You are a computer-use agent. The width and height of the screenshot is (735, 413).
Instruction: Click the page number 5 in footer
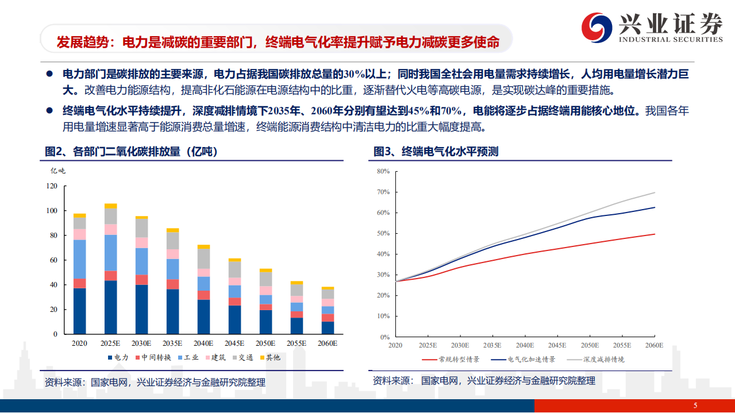(x=695, y=406)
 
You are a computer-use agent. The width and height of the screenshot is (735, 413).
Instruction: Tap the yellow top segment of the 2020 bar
(x=79, y=215)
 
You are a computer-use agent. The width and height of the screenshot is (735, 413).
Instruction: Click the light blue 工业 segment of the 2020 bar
(x=79, y=259)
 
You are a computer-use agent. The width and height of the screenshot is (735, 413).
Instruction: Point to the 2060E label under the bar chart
(x=328, y=343)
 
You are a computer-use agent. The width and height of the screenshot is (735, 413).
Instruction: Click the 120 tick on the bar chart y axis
(x=52, y=186)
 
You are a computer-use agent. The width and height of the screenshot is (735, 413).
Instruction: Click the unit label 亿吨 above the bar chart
(x=58, y=171)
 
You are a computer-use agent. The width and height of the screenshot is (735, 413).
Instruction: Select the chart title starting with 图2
(x=131, y=152)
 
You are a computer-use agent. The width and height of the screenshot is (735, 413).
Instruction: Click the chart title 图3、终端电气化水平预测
(x=436, y=152)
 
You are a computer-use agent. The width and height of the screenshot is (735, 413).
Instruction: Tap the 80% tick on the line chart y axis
(x=383, y=171)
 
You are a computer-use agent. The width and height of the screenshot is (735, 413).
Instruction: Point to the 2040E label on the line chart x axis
(x=525, y=345)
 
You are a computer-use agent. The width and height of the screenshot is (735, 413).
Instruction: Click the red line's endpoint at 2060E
(x=655, y=234)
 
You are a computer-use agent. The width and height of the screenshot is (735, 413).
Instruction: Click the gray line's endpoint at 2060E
(x=655, y=192)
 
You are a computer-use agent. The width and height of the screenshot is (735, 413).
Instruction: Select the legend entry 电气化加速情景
(x=526, y=360)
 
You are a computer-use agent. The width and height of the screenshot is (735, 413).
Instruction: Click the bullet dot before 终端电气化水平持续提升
(x=50, y=110)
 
